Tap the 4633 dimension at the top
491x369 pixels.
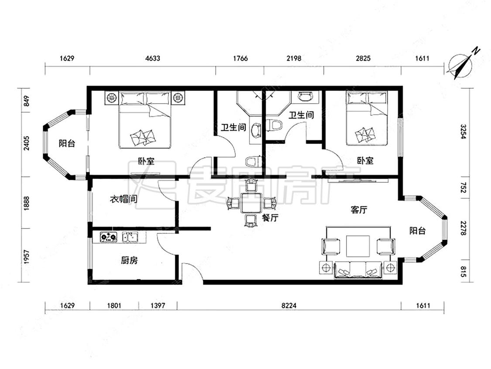(153, 58)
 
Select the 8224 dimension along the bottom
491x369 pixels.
(289, 305)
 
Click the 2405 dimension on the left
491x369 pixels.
(27, 143)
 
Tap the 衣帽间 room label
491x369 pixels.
(124, 199)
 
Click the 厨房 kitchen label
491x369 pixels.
(129, 260)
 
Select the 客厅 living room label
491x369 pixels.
(359, 210)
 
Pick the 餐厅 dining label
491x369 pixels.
(270, 217)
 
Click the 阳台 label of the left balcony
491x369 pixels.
(67, 143)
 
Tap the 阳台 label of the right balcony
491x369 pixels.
(417, 231)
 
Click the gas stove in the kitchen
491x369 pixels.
(108, 237)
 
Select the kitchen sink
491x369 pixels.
(130, 237)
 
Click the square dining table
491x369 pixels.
(251, 203)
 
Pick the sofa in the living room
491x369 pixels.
(358, 270)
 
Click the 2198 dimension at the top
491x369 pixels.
(294, 58)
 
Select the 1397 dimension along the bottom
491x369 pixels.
(158, 305)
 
